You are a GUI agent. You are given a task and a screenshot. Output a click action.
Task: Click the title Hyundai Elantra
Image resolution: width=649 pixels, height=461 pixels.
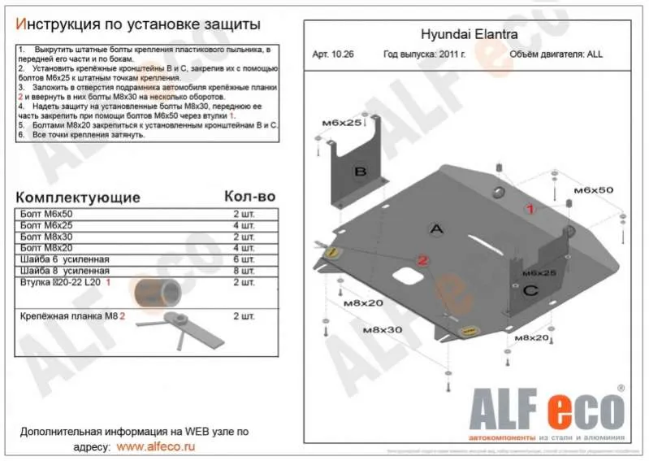click(461, 35)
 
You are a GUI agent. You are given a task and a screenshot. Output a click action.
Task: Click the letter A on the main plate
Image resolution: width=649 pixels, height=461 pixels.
click(437, 230)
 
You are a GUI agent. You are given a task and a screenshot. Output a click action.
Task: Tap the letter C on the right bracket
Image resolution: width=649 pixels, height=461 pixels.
click(529, 290)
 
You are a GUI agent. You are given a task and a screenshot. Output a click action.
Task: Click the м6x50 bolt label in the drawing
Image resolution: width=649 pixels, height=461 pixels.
click(593, 189)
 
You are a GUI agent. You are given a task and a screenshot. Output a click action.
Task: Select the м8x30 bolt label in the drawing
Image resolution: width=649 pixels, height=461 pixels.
click(382, 330)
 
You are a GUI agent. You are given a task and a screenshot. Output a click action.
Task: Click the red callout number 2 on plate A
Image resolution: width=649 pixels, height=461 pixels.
click(422, 260)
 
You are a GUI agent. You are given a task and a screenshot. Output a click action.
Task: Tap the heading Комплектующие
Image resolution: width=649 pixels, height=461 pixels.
click(78, 198)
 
